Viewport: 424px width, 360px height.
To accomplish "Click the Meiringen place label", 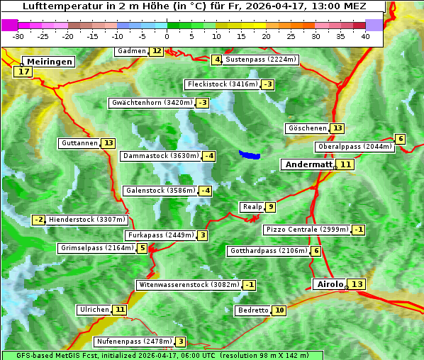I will [48, 62].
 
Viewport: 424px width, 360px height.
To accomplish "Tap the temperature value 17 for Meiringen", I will [23, 72].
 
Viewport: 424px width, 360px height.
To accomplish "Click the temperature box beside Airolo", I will [357, 284].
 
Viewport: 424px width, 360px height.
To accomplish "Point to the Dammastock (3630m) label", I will [160, 156].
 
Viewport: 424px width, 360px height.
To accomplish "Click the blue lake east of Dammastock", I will [249, 154].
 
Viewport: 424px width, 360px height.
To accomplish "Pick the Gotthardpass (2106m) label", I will [268, 251].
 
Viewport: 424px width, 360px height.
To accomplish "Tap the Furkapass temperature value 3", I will [203, 235].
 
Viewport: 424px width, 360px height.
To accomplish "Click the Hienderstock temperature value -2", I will [39, 220].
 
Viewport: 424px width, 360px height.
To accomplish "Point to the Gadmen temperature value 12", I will [156, 51].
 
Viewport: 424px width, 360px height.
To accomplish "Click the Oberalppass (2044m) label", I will [355, 147].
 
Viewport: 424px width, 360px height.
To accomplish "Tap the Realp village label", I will [252, 207].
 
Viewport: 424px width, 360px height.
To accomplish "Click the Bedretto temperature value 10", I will [279, 310].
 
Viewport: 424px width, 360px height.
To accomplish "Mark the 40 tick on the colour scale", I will [365, 36].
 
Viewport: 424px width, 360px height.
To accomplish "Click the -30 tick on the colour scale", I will [19, 36].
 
